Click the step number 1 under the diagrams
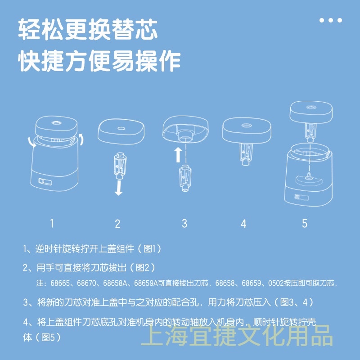52,223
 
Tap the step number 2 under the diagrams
117,224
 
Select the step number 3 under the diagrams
184,223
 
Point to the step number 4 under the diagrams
243,224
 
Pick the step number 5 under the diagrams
305,223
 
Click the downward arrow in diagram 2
118,188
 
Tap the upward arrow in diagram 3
178,155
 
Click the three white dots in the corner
331,20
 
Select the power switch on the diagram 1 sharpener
45,182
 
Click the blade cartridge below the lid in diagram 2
120,165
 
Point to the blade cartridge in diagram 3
185,178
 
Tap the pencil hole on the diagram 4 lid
247,126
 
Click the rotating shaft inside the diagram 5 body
309,175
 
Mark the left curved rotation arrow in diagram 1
31,142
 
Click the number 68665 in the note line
60,283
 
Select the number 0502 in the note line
276,283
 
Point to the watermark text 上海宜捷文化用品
237,335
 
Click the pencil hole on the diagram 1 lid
56,123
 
